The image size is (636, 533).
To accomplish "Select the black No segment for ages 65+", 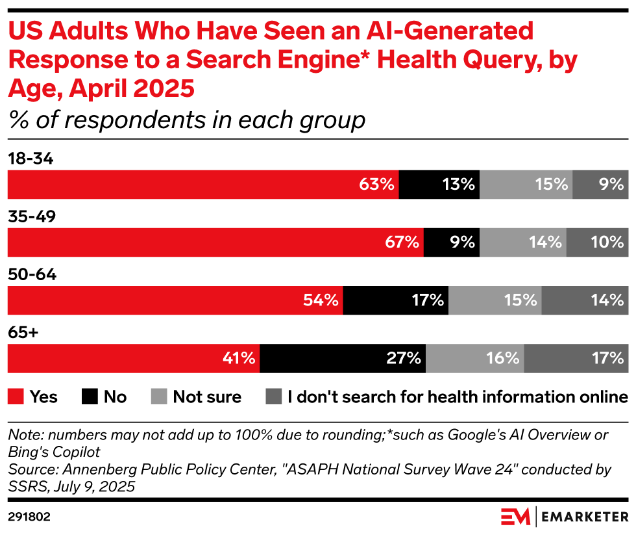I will click(343, 358).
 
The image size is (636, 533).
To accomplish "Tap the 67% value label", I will click(402, 242).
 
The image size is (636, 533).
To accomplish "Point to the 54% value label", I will click(321, 300).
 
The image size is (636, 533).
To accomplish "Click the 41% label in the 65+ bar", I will click(238, 358).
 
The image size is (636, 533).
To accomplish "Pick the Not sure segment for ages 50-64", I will click(495, 300).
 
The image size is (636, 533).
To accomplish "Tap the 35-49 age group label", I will click(32, 216).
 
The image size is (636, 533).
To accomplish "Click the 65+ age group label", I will click(23, 333).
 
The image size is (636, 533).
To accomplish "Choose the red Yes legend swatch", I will click(16, 396).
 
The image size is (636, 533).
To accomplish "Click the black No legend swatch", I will click(90, 396).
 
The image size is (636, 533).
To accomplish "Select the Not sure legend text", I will click(207, 396).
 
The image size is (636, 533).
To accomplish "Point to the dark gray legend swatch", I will click(274, 396).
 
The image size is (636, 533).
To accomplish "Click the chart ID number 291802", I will click(30, 517).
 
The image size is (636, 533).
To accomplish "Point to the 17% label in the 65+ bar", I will click(608, 358).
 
